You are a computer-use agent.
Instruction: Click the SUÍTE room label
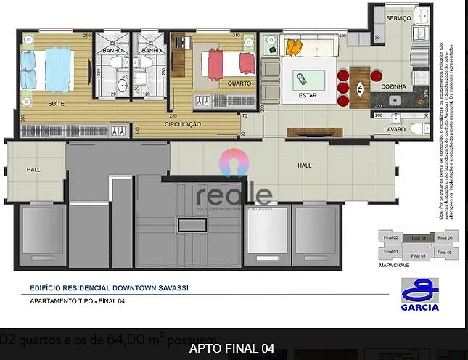tap(55, 103)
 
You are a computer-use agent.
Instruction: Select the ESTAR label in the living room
tap(308, 94)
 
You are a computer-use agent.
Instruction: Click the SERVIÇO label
tap(398, 17)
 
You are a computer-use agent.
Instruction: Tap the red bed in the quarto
tap(226, 64)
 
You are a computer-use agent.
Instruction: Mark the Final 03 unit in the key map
tap(419, 255)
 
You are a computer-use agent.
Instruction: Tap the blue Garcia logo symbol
tap(419, 290)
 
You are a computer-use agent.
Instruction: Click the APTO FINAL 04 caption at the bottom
tap(231, 348)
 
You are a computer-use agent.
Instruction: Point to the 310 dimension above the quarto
tap(236, 35)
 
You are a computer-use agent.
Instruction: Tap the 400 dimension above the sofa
tap(341, 35)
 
